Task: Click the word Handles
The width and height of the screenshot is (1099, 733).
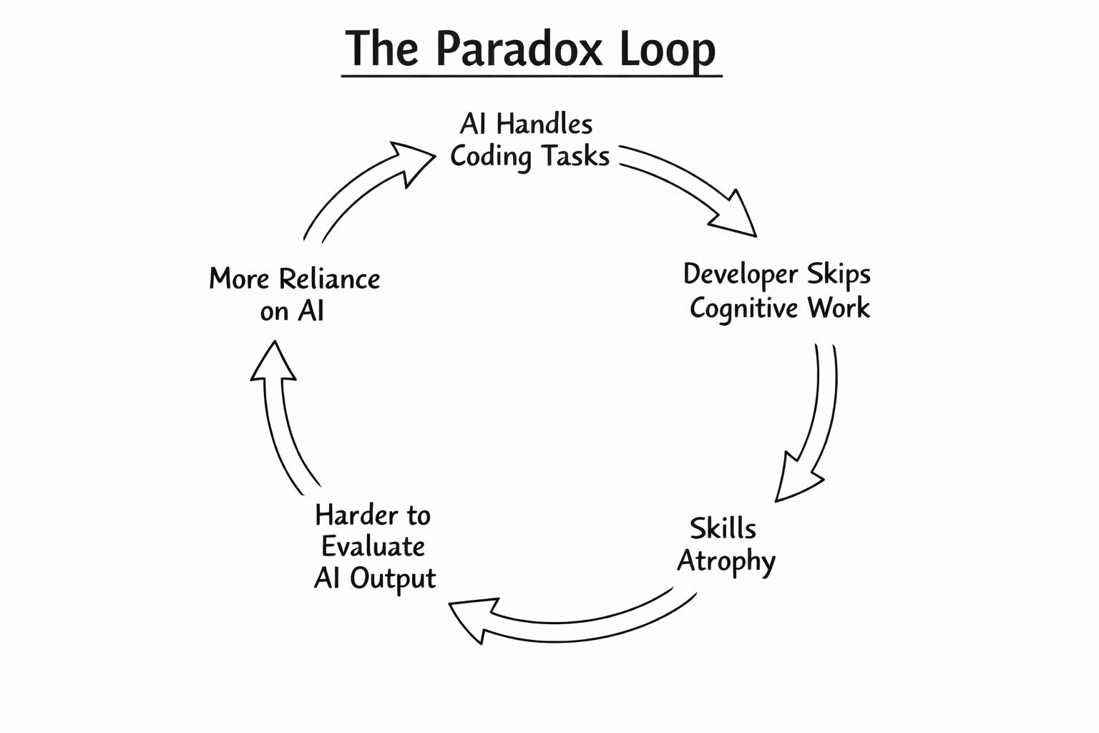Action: click(544, 125)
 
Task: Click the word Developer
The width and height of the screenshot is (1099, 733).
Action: click(741, 275)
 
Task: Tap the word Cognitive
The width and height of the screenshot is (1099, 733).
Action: click(743, 309)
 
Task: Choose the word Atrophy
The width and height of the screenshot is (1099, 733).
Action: click(726, 561)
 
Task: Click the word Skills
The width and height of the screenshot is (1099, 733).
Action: click(723, 529)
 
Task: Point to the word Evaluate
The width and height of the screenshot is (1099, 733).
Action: click(373, 547)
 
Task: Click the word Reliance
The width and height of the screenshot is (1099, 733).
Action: click(329, 278)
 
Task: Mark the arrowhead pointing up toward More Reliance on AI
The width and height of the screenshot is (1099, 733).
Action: click(273, 362)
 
